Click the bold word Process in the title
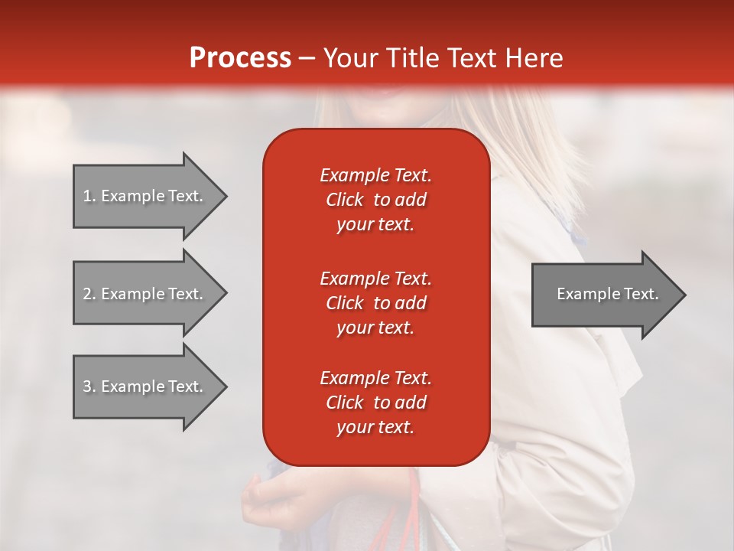(240, 58)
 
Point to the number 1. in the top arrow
(89, 196)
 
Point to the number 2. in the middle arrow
(89, 294)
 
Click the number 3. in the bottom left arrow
(89, 386)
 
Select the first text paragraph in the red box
(375, 200)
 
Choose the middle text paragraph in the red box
(375, 302)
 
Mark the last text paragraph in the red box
(375, 403)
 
